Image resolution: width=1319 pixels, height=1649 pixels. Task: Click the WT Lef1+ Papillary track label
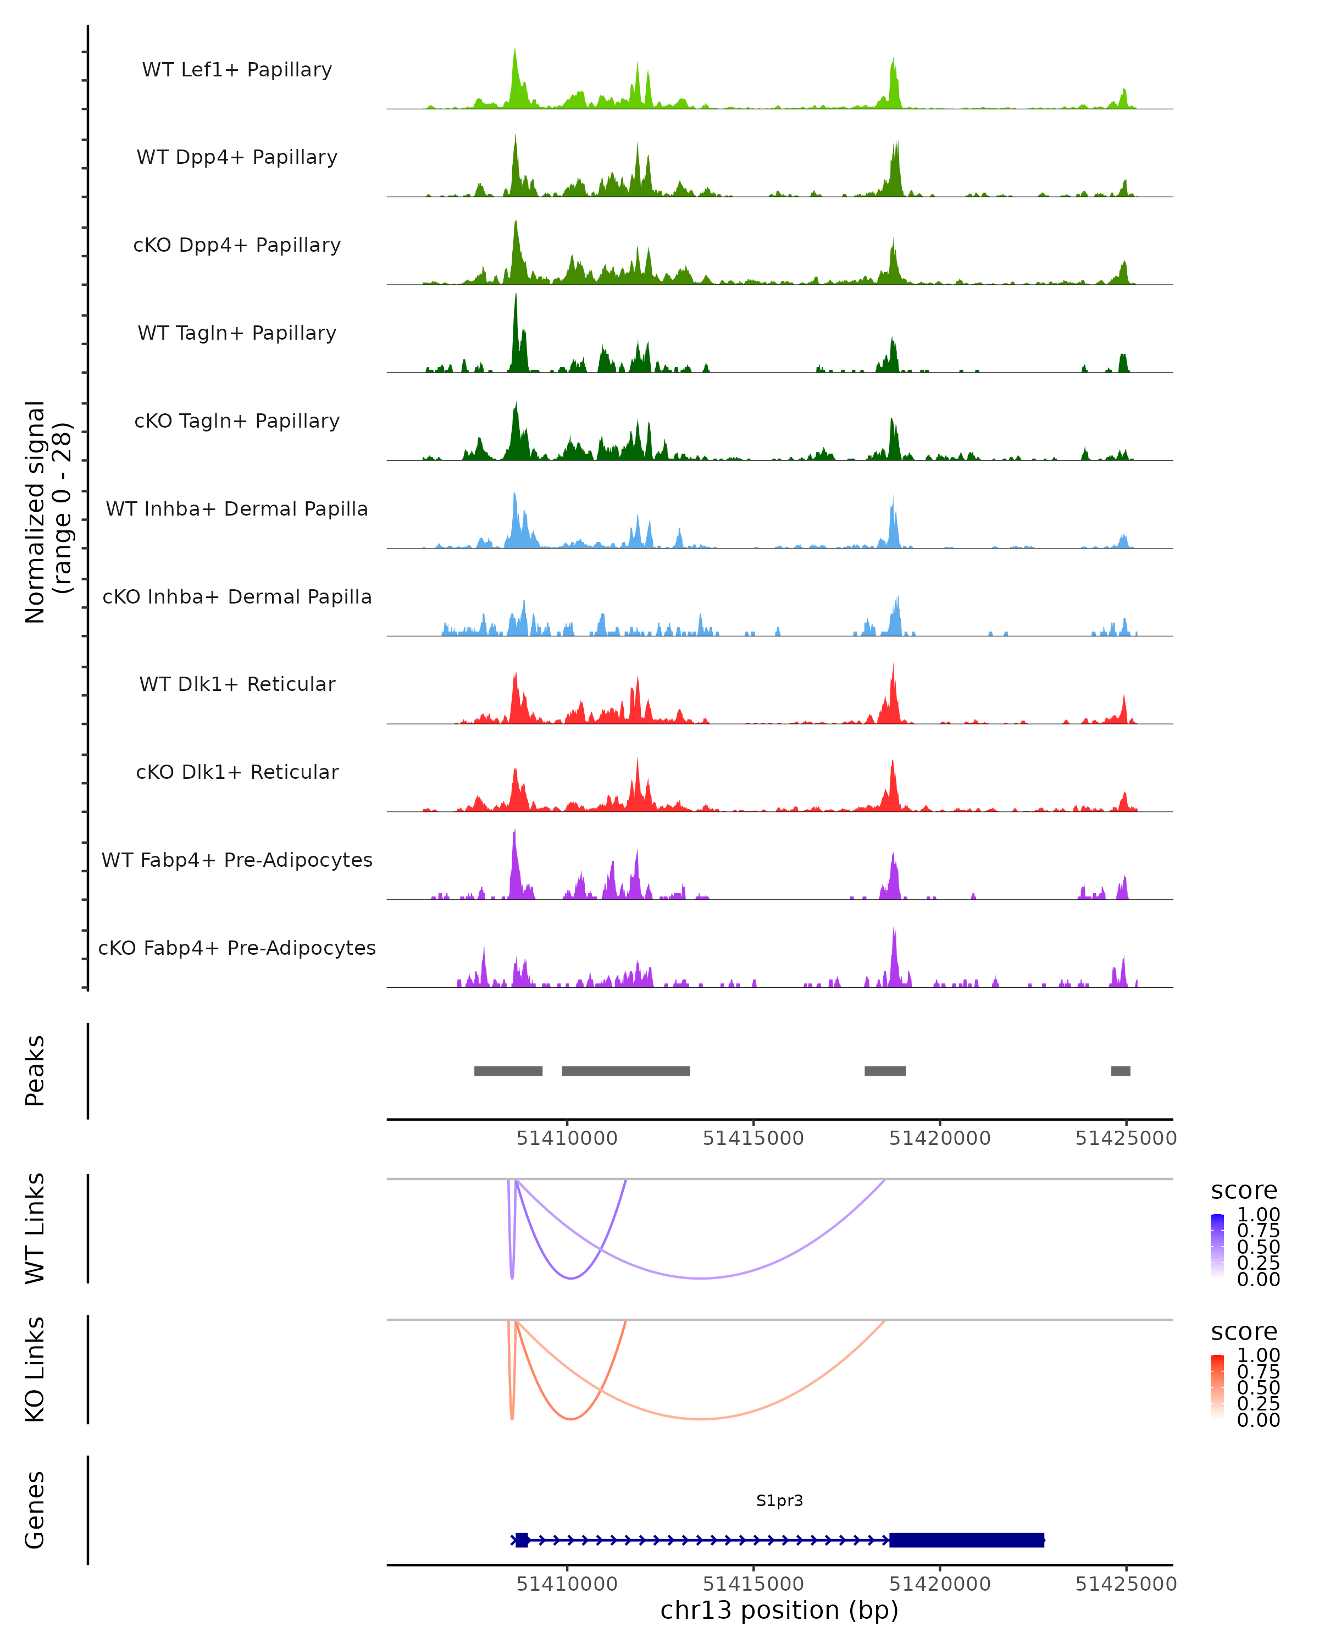pyautogui.click(x=237, y=70)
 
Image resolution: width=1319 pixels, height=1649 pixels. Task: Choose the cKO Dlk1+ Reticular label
pyautogui.click(x=237, y=772)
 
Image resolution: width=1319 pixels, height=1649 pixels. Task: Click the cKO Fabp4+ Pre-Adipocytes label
pyautogui.click(x=237, y=948)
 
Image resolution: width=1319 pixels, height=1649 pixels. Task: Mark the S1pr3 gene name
pyautogui.click(x=779, y=1500)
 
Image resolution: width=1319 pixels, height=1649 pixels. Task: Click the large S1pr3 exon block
pyautogui.click(x=967, y=1540)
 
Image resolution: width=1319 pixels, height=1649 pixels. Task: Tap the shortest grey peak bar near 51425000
pyautogui.click(x=1120, y=1071)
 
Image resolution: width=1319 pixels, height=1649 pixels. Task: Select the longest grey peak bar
pyautogui.click(x=625, y=1071)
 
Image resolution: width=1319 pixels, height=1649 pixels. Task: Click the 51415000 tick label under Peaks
pyautogui.click(x=753, y=1138)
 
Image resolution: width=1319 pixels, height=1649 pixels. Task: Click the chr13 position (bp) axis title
pyautogui.click(x=779, y=1610)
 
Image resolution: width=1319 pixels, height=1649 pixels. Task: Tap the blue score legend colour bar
pyautogui.click(x=1217, y=1245)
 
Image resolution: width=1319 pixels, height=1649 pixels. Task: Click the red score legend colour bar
pyautogui.click(x=1217, y=1386)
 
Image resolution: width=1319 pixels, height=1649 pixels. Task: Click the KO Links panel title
pyautogui.click(x=35, y=1369)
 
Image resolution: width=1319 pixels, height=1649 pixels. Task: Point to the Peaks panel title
pyautogui.click(x=35, y=1071)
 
